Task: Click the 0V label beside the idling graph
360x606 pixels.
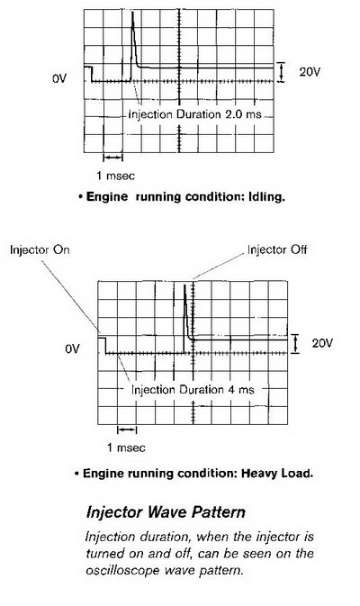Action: click(x=59, y=78)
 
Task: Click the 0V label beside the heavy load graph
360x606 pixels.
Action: click(x=72, y=349)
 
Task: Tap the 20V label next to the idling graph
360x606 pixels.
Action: click(x=310, y=71)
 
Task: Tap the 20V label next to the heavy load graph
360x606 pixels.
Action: click(x=322, y=343)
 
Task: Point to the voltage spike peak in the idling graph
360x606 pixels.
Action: click(x=132, y=13)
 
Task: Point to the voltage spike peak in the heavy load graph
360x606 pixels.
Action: click(x=184, y=285)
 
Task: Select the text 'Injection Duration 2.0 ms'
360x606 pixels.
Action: click(x=194, y=114)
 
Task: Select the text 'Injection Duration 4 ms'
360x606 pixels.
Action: click(x=193, y=389)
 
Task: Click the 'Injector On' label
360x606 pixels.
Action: click(x=40, y=249)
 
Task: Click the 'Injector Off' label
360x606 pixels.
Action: click(x=277, y=249)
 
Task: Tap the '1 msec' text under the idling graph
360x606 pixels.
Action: click(x=115, y=176)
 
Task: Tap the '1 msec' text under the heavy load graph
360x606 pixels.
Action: click(x=126, y=448)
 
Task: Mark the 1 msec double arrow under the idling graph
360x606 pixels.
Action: click(x=112, y=158)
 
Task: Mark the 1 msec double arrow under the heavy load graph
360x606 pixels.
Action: click(x=127, y=430)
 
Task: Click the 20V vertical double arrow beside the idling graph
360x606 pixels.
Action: click(x=282, y=72)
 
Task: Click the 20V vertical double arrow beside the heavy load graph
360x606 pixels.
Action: click(x=295, y=344)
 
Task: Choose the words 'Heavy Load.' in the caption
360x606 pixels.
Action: click(x=277, y=473)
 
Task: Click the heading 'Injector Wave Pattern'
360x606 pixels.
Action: click(x=166, y=512)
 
